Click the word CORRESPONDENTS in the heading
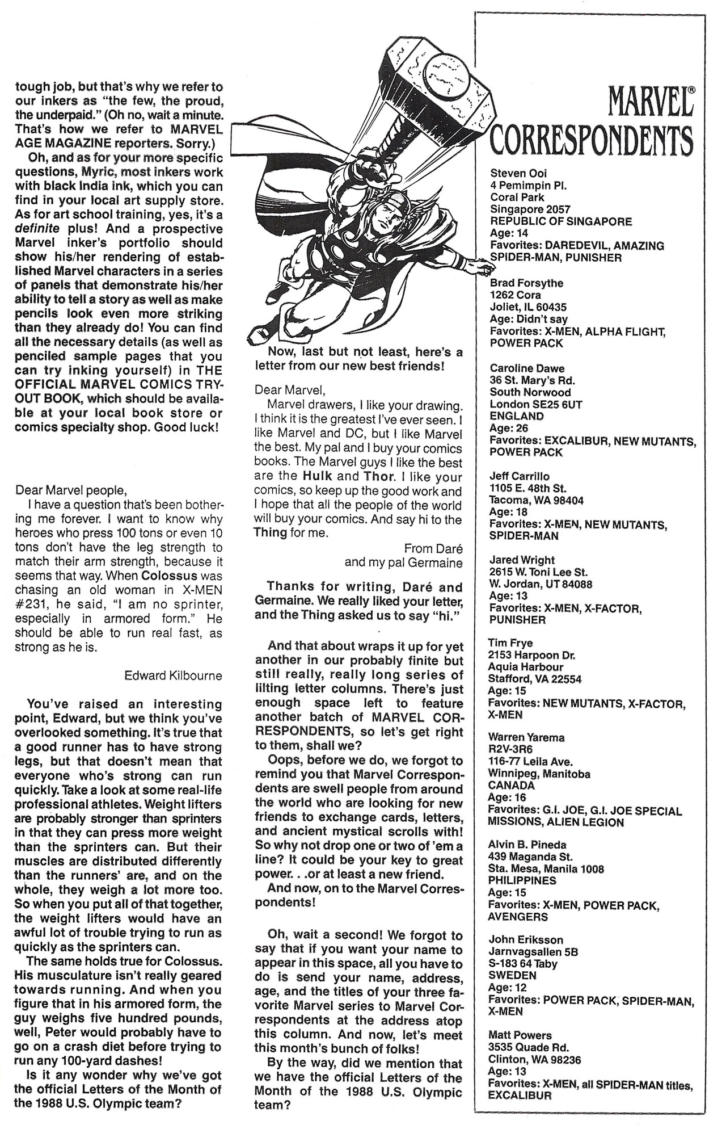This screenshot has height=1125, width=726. click(590, 141)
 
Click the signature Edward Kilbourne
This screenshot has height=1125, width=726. click(172, 675)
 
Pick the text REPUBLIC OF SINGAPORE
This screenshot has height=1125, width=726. click(560, 221)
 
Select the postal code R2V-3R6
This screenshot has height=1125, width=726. click(510, 749)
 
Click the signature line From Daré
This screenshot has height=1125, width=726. click(433, 548)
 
